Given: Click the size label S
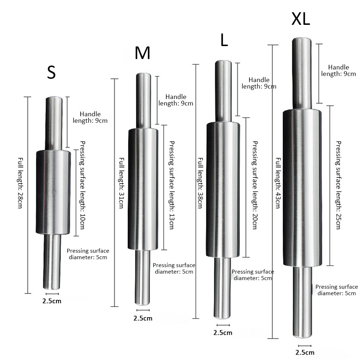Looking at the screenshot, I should [51, 73].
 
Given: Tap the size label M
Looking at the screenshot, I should [142, 53].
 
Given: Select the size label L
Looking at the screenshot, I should [224, 41].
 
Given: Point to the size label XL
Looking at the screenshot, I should [301, 20].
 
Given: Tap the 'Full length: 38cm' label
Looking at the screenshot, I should [201, 183].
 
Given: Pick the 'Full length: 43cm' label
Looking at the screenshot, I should [278, 183].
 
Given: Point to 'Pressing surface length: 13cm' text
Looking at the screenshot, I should [171, 185].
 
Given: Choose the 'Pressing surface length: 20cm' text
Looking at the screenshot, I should [255, 185].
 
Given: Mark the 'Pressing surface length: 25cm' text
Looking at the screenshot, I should [338, 185].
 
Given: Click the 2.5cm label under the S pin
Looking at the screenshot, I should [52, 301].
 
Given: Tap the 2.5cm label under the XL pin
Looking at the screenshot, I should [305, 352].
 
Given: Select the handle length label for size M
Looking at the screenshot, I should [176, 100].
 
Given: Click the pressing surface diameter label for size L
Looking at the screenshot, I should [253, 275].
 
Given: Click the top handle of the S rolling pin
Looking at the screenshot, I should [54, 123].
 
